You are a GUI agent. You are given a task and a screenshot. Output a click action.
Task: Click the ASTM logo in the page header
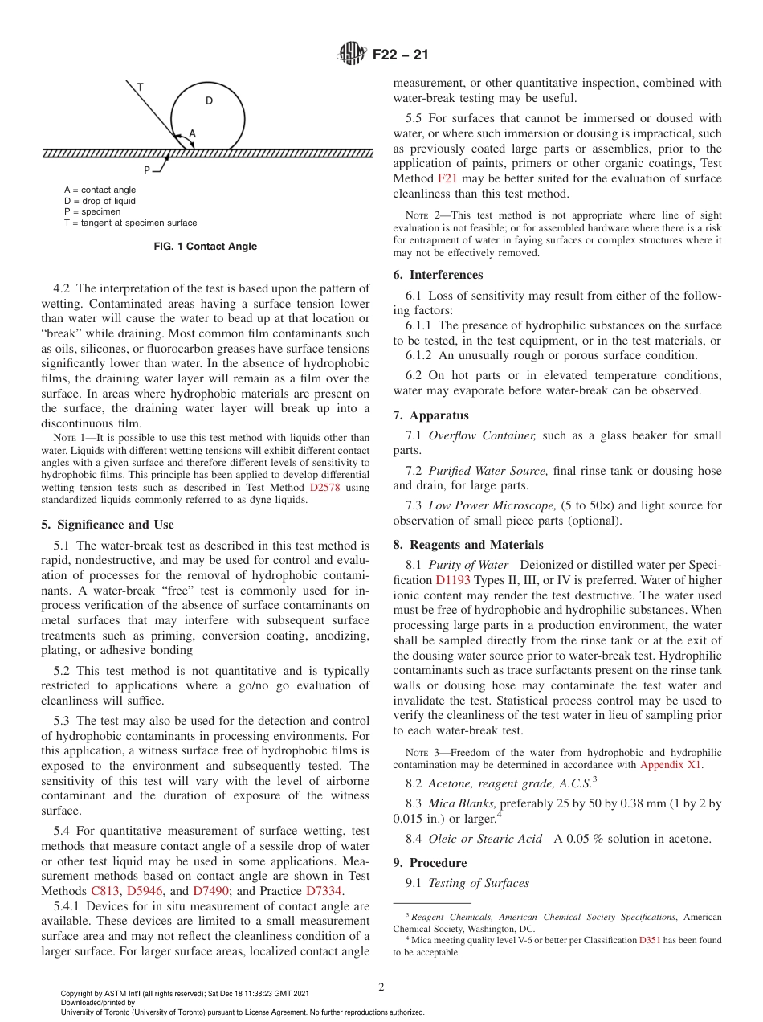pyautogui.click(x=350, y=55)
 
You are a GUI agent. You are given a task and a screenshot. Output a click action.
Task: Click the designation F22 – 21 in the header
pyautogui.click(x=400, y=55)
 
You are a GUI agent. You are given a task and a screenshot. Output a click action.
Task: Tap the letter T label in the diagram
pyautogui.click(x=140, y=86)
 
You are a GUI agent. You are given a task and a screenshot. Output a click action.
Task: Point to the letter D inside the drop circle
pyautogui.click(x=209, y=100)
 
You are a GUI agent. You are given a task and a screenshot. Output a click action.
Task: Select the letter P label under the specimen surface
pyautogui.click(x=147, y=170)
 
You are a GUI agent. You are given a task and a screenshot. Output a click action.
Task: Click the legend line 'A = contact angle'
pyautogui.click(x=100, y=190)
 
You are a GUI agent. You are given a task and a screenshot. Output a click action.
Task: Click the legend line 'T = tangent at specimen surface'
pyautogui.click(x=130, y=223)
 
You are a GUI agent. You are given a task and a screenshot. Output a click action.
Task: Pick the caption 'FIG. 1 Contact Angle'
pyautogui.click(x=206, y=247)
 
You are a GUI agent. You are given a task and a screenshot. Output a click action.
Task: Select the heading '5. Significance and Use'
pyautogui.click(x=107, y=525)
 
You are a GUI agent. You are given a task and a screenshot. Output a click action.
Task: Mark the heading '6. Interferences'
pyautogui.click(x=438, y=275)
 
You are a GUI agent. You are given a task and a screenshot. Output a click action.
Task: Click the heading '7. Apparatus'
pyautogui.click(x=430, y=415)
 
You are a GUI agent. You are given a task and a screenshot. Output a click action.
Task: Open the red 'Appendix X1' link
pyautogui.click(x=671, y=765)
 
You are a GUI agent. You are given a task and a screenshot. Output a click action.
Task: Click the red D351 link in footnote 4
pyautogui.click(x=650, y=940)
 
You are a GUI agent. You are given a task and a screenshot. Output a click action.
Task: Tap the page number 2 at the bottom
pyautogui.click(x=381, y=987)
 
